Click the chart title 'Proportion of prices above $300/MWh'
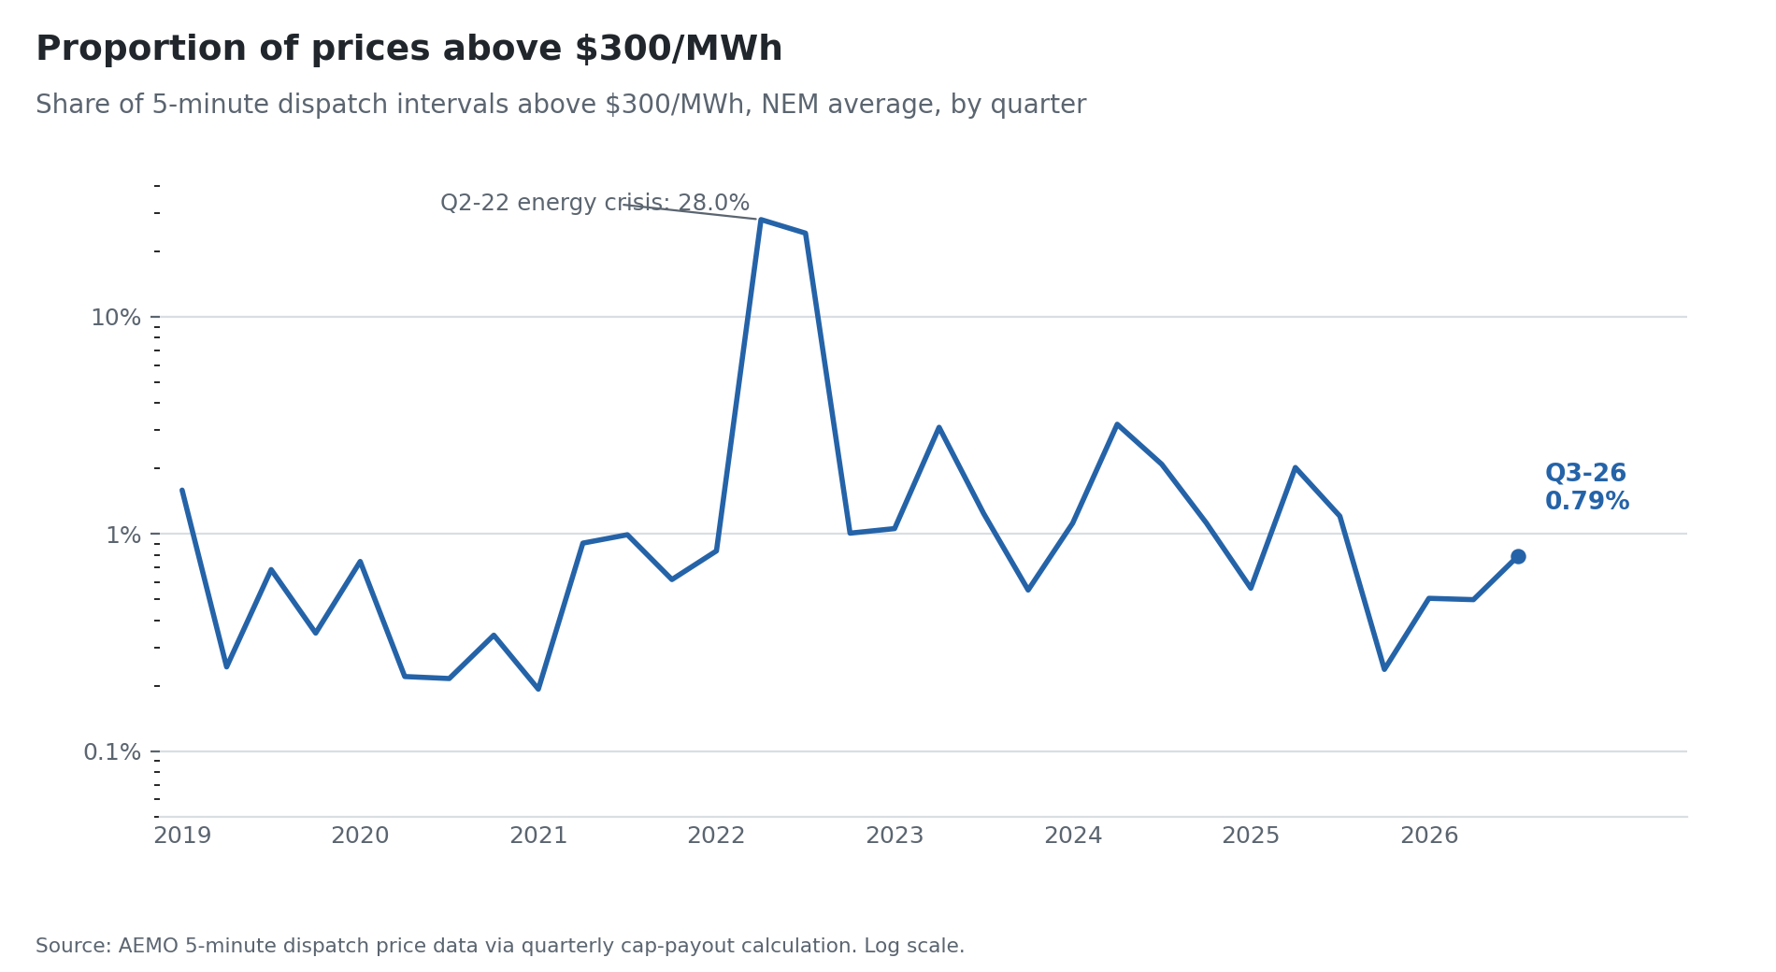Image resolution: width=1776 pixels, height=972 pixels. tap(408, 50)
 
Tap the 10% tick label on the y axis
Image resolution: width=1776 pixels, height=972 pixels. tap(116, 318)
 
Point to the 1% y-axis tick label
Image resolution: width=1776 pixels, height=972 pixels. tap(123, 536)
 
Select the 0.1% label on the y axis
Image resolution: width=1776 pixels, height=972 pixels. tap(112, 752)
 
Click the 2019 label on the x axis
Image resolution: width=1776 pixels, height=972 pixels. tap(182, 836)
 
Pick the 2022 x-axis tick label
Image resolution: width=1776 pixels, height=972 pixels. tap(716, 836)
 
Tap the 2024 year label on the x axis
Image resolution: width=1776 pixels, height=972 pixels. tap(1073, 836)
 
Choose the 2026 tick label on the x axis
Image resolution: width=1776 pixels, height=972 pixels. tap(1429, 836)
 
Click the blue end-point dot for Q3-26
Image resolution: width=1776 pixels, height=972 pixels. tap(1518, 557)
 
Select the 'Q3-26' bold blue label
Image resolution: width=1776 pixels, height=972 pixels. tap(1585, 474)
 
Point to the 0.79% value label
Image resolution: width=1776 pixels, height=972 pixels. tap(1587, 502)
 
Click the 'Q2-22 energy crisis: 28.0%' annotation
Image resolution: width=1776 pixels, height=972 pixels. tap(594, 204)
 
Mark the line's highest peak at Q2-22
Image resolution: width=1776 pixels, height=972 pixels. tap(761, 220)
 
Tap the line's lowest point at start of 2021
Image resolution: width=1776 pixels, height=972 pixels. tap(538, 689)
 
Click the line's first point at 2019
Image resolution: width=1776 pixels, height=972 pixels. tap(182, 490)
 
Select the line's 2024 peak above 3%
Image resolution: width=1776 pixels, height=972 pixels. tap(1117, 424)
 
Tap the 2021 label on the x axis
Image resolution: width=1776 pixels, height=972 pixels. tap(538, 836)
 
